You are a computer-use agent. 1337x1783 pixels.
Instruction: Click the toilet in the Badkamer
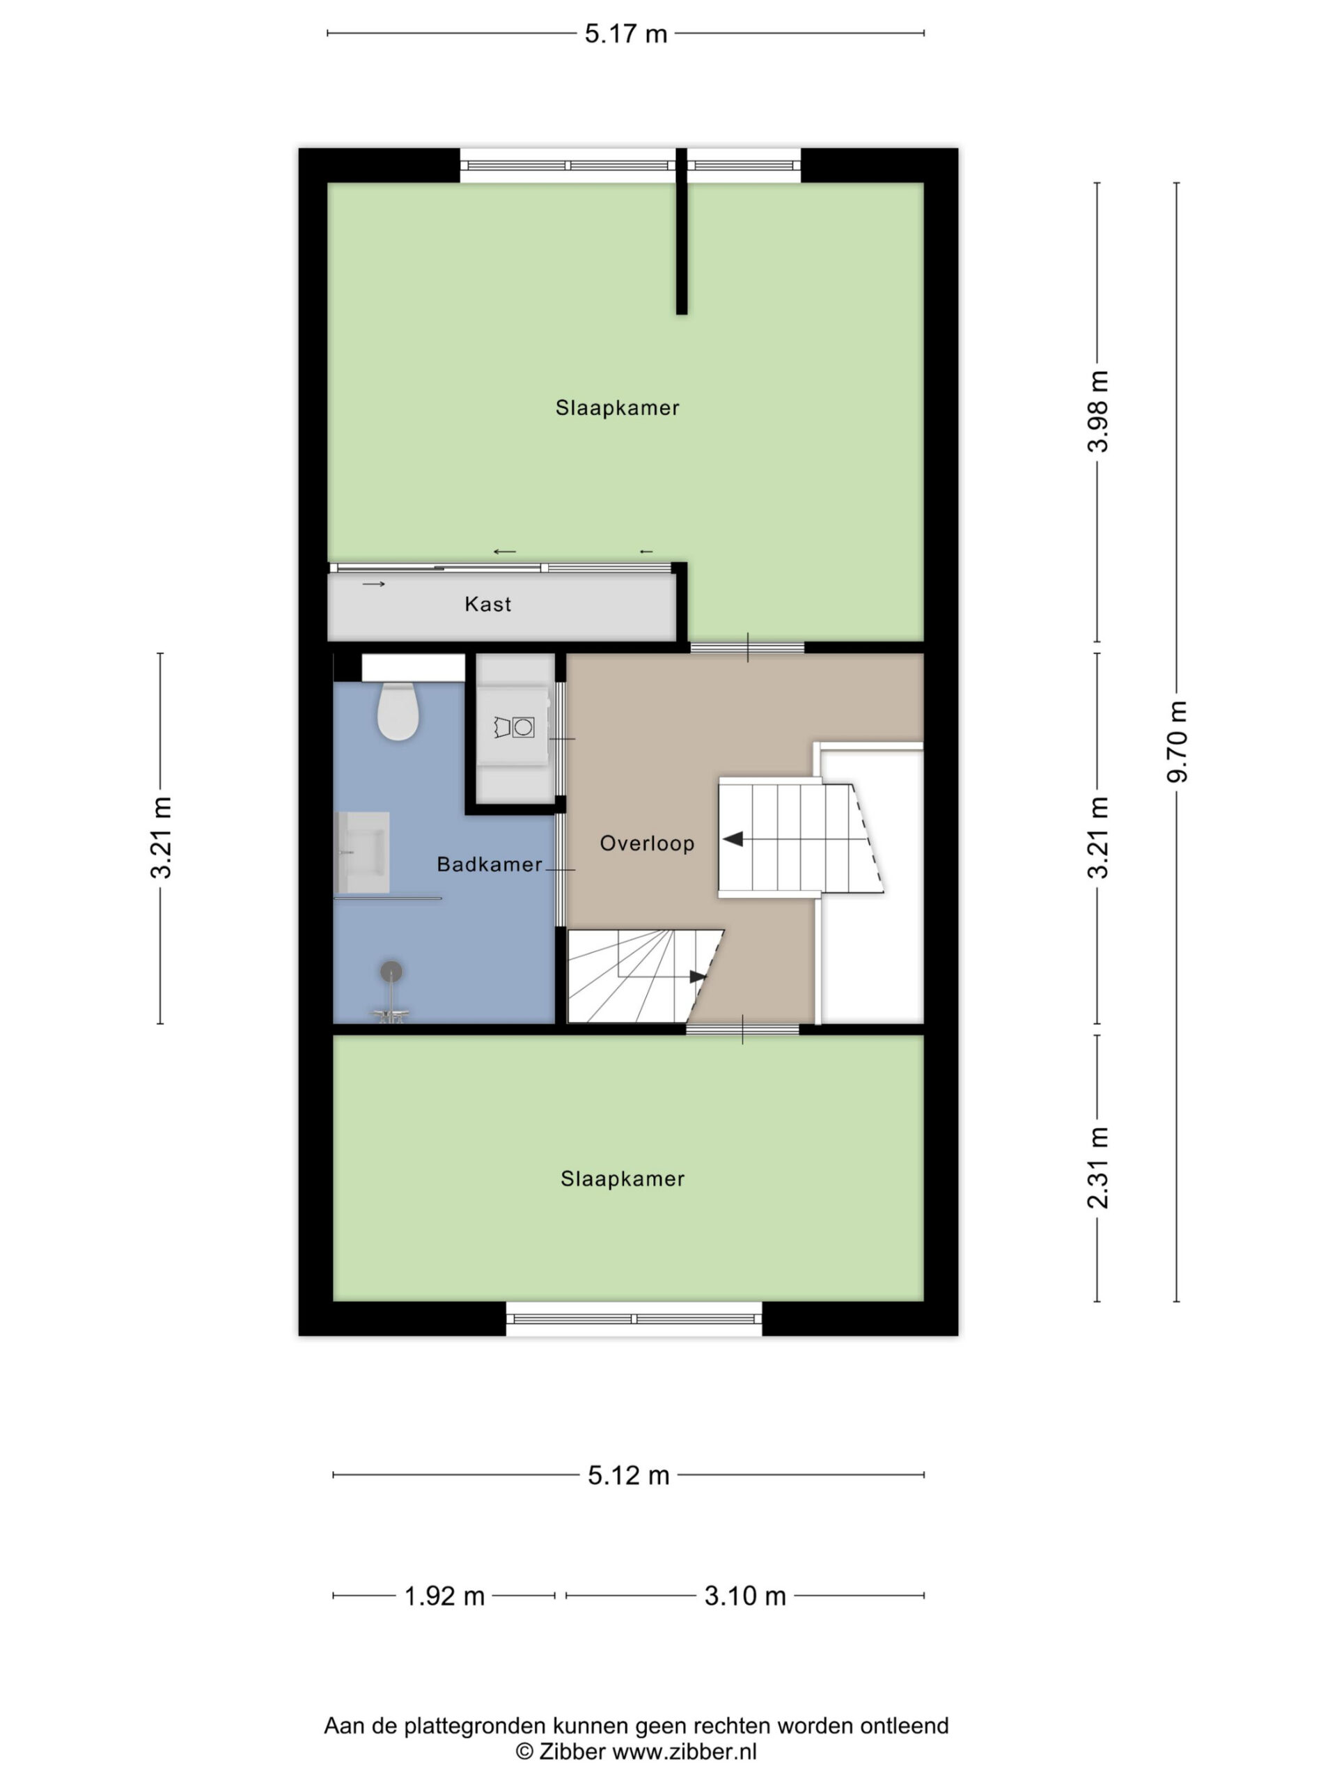[x=398, y=710]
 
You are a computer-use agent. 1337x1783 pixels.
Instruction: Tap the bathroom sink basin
[x=363, y=851]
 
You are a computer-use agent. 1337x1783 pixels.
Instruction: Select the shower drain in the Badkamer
[x=391, y=972]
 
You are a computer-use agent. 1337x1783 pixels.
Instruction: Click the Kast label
[x=487, y=604]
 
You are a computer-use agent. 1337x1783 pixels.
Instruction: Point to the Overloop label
[x=647, y=843]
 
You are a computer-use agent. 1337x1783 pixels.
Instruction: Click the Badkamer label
[x=489, y=864]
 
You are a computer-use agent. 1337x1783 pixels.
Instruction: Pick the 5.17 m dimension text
[x=626, y=34]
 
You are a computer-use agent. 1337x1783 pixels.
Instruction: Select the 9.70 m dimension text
[x=1178, y=742]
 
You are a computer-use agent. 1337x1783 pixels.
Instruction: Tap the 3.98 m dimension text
[x=1098, y=411]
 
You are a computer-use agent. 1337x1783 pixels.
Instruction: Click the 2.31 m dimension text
[x=1098, y=1168]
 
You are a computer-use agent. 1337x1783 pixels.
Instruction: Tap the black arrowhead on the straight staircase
[x=733, y=839]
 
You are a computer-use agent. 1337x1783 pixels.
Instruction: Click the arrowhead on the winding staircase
[x=698, y=977]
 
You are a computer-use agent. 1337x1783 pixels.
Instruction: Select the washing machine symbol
[x=514, y=727]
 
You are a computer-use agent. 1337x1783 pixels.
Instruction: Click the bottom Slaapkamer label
[x=622, y=1178]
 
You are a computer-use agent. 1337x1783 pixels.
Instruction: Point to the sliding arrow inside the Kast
[x=374, y=584]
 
